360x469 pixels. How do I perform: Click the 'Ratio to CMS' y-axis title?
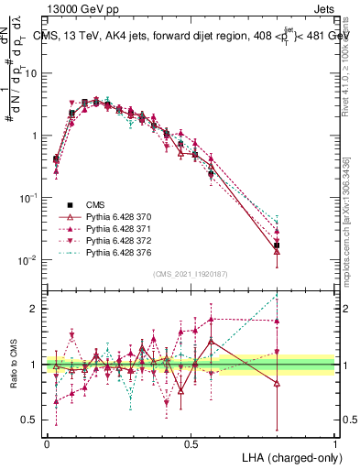tap(16, 364)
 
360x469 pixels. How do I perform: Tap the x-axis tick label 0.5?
tap(191, 442)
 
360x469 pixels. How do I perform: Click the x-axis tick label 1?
tap(335, 442)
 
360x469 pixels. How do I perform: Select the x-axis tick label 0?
tap(47, 442)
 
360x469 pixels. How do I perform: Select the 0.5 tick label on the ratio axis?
tap(31, 420)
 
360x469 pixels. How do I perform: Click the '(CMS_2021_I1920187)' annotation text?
tap(191, 275)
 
